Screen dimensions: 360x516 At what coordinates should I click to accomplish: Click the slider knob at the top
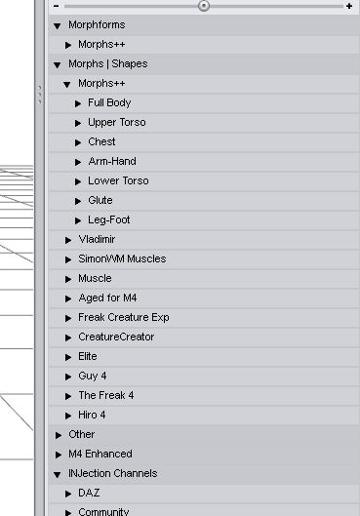click(x=204, y=6)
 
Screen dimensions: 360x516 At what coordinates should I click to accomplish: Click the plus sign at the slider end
click(x=349, y=6)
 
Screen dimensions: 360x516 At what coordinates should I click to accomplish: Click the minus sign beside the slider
click(x=56, y=6)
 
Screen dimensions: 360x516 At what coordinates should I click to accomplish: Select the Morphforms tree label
click(x=97, y=25)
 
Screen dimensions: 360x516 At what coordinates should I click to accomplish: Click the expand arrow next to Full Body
click(x=78, y=103)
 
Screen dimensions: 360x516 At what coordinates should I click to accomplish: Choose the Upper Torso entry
click(x=117, y=123)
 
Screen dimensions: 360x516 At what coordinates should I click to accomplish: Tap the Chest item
click(x=101, y=141)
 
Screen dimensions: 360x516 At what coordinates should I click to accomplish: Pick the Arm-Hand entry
click(x=112, y=161)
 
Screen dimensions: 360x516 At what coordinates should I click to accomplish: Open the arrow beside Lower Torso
click(x=78, y=181)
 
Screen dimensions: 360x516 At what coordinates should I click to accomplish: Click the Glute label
click(x=100, y=200)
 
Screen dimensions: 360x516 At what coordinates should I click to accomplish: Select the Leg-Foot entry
click(x=109, y=219)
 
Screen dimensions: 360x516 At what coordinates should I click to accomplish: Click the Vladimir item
click(x=97, y=239)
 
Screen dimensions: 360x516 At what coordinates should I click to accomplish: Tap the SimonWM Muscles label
click(x=122, y=258)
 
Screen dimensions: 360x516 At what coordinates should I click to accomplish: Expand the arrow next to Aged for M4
click(x=68, y=298)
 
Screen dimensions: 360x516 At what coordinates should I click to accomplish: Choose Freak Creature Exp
click(x=124, y=317)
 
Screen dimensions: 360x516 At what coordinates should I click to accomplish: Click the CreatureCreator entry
click(x=116, y=337)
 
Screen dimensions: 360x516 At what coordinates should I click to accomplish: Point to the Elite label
click(x=88, y=356)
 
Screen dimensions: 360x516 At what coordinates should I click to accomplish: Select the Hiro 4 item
click(x=92, y=415)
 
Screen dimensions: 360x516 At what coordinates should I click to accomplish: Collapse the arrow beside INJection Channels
click(x=58, y=474)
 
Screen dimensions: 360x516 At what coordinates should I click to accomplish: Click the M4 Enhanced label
click(x=100, y=454)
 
